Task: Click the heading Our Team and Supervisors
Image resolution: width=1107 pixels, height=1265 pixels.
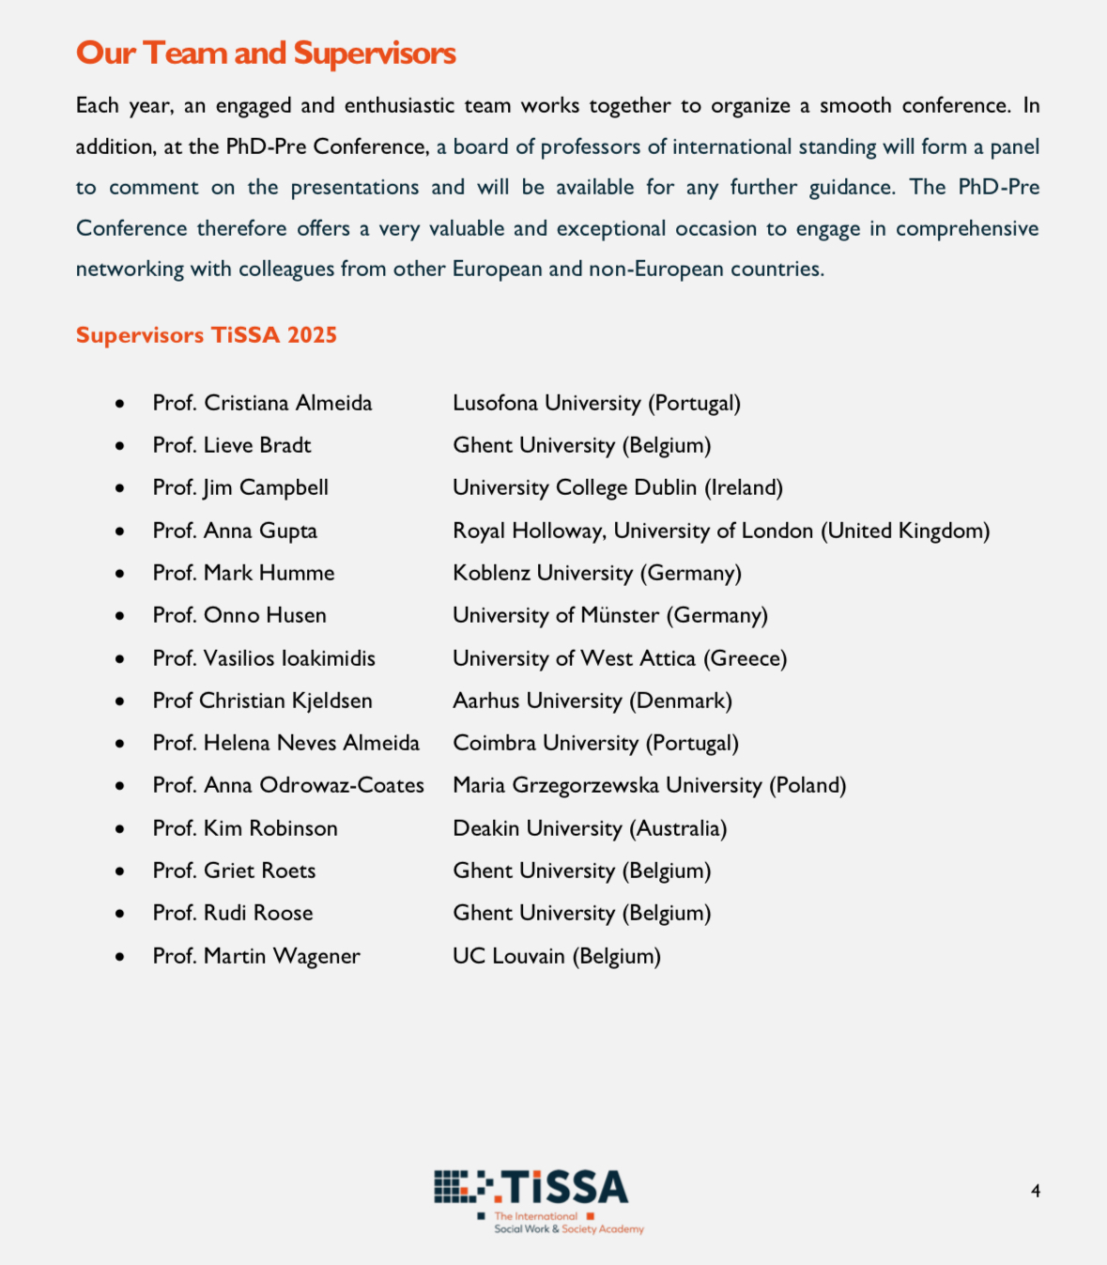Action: (x=266, y=54)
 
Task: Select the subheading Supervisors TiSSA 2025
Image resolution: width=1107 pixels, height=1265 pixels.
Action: (x=207, y=335)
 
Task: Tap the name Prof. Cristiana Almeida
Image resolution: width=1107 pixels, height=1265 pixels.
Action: (x=262, y=403)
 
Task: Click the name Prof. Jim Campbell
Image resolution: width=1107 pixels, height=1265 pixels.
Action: (x=240, y=487)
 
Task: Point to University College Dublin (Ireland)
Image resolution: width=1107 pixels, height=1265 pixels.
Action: (x=617, y=487)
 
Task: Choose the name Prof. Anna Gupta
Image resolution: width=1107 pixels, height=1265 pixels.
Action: (x=235, y=531)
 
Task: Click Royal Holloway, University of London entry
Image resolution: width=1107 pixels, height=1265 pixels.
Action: (x=720, y=531)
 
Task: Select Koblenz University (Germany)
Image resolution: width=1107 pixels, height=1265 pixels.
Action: (x=596, y=573)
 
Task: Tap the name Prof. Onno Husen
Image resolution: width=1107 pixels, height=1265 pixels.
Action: (x=239, y=615)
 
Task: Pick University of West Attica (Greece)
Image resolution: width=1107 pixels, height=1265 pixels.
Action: (x=619, y=658)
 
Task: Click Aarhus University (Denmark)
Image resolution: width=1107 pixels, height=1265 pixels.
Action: (x=592, y=701)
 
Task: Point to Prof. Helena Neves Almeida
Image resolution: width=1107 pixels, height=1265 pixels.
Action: (x=285, y=743)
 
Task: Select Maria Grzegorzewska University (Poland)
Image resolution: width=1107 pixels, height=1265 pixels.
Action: (x=649, y=785)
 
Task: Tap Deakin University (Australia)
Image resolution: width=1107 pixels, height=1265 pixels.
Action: (x=590, y=828)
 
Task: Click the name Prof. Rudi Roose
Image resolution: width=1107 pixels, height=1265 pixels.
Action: (x=233, y=913)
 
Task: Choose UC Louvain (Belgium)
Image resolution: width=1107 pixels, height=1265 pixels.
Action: (x=556, y=956)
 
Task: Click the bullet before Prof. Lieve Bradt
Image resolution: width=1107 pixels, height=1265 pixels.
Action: (x=120, y=446)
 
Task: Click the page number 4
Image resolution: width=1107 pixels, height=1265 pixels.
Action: (x=1036, y=1191)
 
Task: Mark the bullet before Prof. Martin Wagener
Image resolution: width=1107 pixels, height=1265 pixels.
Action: (x=120, y=957)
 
